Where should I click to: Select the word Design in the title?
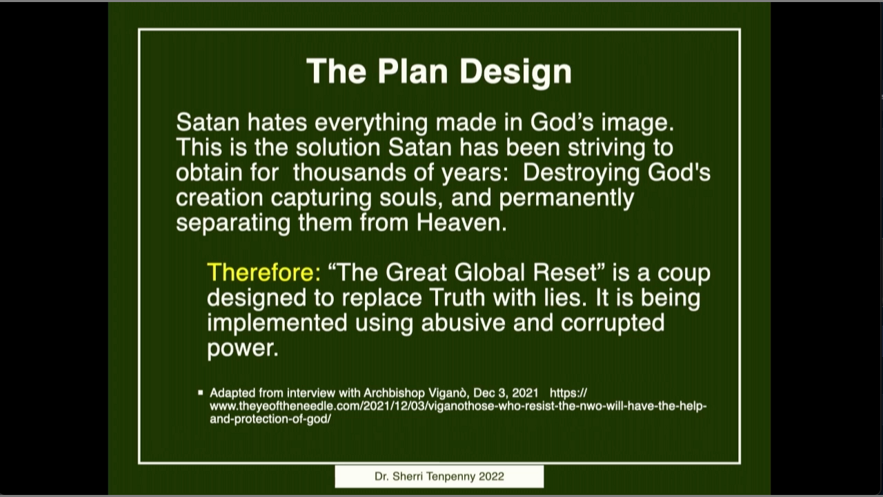(515, 72)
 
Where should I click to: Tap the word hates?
(277, 122)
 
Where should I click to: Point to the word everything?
(371, 124)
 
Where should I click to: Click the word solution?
(338, 148)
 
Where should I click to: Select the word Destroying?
(581, 174)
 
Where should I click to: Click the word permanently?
(566, 199)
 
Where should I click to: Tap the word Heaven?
(462, 223)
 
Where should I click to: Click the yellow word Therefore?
(264, 273)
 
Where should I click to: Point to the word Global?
(489, 273)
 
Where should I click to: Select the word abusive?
(463, 322)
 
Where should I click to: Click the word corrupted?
(613, 324)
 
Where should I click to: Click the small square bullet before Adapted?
(201, 393)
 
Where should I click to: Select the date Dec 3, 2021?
(506, 393)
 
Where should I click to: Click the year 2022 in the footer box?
(491, 476)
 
